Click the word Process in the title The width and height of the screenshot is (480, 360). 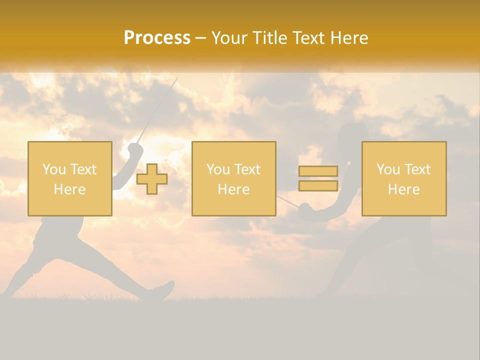(157, 38)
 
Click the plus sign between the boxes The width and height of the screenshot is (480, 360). (152, 179)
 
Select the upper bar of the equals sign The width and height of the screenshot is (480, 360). (318, 171)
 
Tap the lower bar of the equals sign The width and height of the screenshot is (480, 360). (318, 186)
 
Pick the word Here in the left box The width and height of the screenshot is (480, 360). (69, 189)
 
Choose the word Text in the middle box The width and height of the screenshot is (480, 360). (247, 169)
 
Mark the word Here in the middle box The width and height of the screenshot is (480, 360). (233, 189)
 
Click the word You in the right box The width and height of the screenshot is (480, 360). (387, 169)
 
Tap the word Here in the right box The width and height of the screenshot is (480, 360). (403, 189)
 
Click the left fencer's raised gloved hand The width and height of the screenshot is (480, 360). (135, 149)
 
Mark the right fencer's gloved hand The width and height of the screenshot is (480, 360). (304, 211)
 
